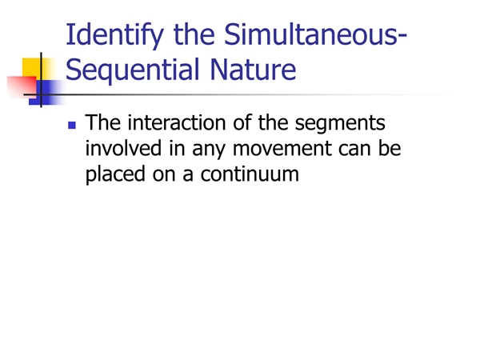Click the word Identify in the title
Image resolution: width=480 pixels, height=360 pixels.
pyautogui.click(x=114, y=35)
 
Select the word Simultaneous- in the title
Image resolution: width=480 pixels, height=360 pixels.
pyautogui.click(x=315, y=34)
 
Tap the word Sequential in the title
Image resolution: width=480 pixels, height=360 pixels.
pyautogui.click(x=132, y=70)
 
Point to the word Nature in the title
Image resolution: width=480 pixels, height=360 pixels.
pyautogui.click(x=253, y=69)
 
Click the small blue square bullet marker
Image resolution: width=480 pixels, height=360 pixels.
pyautogui.click(x=72, y=126)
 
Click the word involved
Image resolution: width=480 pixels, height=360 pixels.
pyautogui.click(x=123, y=148)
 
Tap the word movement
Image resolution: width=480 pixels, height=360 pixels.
pyautogui.click(x=282, y=149)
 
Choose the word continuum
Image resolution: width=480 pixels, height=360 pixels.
pyautogui.click(x=250, y=174)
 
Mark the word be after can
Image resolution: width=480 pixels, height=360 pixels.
pyautogui.click(x=390, y=147)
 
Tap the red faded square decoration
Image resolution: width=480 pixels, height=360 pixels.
pyautogui.click(x=22, y=87)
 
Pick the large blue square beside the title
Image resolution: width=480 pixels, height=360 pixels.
pyautogui.click(x=46, y=93)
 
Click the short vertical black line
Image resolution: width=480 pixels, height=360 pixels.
pyautogui.click(x=41, y=79)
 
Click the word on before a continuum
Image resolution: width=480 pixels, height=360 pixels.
pyautogui.click(x=164, y=174)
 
